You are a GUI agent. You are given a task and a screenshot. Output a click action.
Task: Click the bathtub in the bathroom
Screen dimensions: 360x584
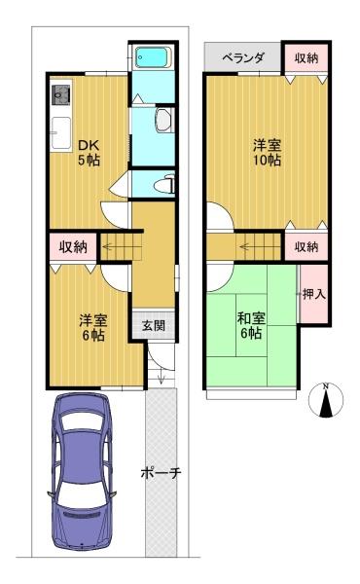click(x=153, y=57)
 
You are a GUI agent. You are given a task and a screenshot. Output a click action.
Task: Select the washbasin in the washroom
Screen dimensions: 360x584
click(x=163, y=121)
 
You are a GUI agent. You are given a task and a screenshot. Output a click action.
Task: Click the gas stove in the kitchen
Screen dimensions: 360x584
click(x=60, y=95)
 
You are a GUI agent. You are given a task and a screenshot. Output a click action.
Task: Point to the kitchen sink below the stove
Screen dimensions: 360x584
click(x=61, y=133)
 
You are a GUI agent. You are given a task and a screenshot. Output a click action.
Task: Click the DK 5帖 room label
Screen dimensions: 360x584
click(x=89, y=153)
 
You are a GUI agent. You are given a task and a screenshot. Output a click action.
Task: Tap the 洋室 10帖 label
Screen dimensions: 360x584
click(x=267, y=153)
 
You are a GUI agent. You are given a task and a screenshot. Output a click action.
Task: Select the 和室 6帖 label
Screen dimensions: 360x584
click(x=251, y=326)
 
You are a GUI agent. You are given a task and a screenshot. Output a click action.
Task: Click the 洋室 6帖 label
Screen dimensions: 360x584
click(x=93, y=328)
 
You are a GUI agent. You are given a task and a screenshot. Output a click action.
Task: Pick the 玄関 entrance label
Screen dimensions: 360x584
click(x=154, y=326)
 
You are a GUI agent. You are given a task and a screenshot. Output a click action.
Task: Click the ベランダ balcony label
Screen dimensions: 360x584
click(x=243, y=57)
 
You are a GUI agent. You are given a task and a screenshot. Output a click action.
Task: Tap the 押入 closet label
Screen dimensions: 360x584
click(x=314, y=294)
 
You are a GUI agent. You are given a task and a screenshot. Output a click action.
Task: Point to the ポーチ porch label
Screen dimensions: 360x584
click(x=161, y=473)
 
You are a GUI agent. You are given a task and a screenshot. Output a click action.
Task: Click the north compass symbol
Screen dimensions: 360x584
click(x=326, y=400)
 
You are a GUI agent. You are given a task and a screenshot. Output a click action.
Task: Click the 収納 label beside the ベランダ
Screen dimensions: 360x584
click(x=306, y=57)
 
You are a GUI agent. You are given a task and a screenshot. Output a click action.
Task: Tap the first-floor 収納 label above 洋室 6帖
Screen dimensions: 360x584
click(x=73, y=246)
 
